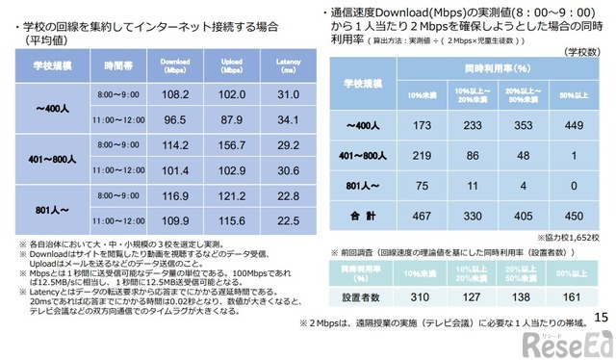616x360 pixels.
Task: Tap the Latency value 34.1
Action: point(289,121)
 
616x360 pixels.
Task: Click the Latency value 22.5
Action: point(289,220)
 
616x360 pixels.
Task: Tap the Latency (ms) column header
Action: point(289,67)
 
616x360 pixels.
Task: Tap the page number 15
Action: point(602,319)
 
